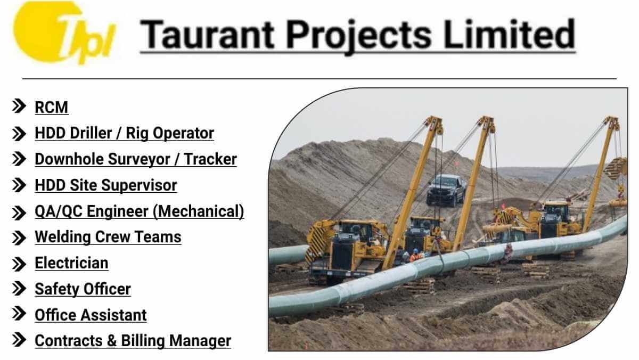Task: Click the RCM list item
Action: [51, 108]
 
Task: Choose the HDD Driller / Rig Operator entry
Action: [125, 134]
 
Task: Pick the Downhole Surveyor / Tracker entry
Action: [136, 159]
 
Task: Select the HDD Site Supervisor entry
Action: [106, 185]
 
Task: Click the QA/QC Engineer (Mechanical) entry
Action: [140, 211]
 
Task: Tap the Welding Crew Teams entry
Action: [108, 237]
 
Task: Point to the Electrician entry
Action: [71, 263]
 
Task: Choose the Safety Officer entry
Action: [83, 289]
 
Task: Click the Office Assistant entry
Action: [91, 315]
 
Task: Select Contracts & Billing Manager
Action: [133, 341]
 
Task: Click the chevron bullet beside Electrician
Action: [19, 264]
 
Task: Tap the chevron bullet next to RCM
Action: [19, 106]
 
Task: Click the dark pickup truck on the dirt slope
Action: [446, 190]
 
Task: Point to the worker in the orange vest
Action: [416, 255]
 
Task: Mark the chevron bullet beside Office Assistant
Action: [19, 313]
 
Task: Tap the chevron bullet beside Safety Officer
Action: [19, 289]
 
